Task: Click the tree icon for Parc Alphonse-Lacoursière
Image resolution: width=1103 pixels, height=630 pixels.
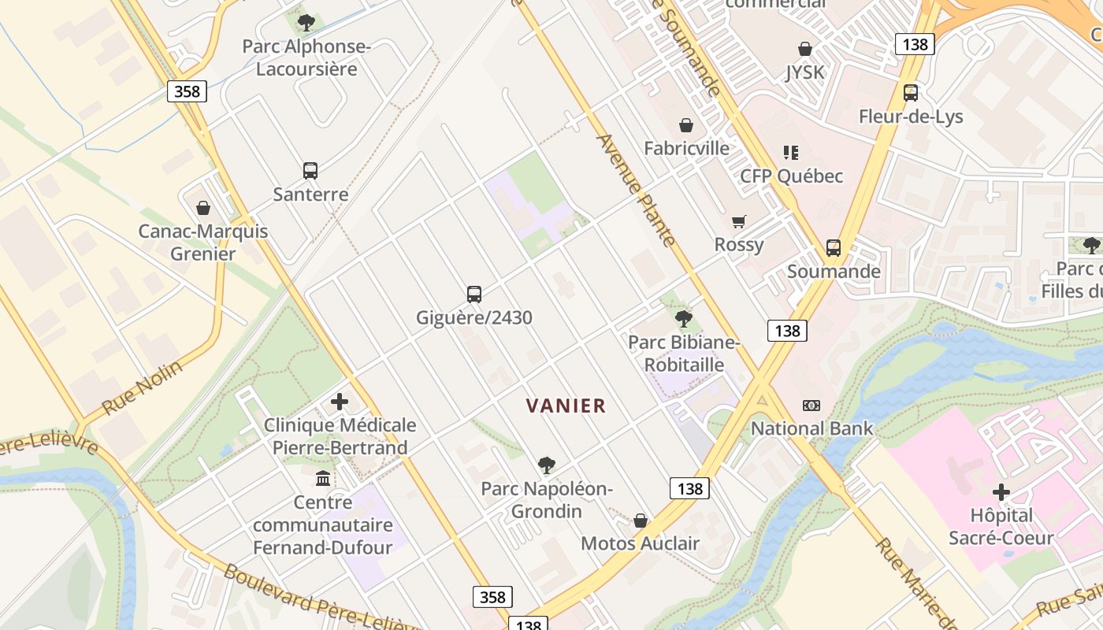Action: [306, 22]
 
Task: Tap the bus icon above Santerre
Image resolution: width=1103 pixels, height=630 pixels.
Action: [310, 170]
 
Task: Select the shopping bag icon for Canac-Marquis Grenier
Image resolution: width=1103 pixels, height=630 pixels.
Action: [203, 208]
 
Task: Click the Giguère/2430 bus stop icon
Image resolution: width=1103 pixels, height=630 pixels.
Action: [474, 295]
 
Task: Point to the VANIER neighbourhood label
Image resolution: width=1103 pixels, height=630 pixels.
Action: [566, 406]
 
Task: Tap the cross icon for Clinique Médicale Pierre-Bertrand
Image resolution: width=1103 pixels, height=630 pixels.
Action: [340, 402]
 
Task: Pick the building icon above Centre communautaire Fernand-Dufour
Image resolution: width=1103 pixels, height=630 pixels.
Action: [323, 478]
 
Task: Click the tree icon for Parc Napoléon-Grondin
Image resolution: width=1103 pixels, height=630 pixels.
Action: [547, 465]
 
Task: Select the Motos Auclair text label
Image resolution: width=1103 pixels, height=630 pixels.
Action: [640, 543]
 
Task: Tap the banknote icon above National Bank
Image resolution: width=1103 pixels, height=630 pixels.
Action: [811, 406]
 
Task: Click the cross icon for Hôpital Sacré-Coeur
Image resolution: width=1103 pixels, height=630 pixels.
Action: [1001, 493]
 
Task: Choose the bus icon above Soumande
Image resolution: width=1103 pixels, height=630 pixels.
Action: [834, 248]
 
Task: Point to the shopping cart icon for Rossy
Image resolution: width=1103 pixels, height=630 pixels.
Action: [739, 221]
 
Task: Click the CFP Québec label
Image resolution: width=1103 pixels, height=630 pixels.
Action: [791, 176]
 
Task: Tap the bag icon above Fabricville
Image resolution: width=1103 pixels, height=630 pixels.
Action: [686, 125]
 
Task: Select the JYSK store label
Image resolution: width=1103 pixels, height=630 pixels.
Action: [804, 72]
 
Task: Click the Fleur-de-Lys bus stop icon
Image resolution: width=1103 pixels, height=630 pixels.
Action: [911, 93]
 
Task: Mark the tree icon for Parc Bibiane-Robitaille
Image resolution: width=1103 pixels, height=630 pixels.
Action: [684, 319]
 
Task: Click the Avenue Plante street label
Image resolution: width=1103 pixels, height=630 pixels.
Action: [637, 190]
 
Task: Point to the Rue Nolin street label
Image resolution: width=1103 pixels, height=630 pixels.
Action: [142, 387]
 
